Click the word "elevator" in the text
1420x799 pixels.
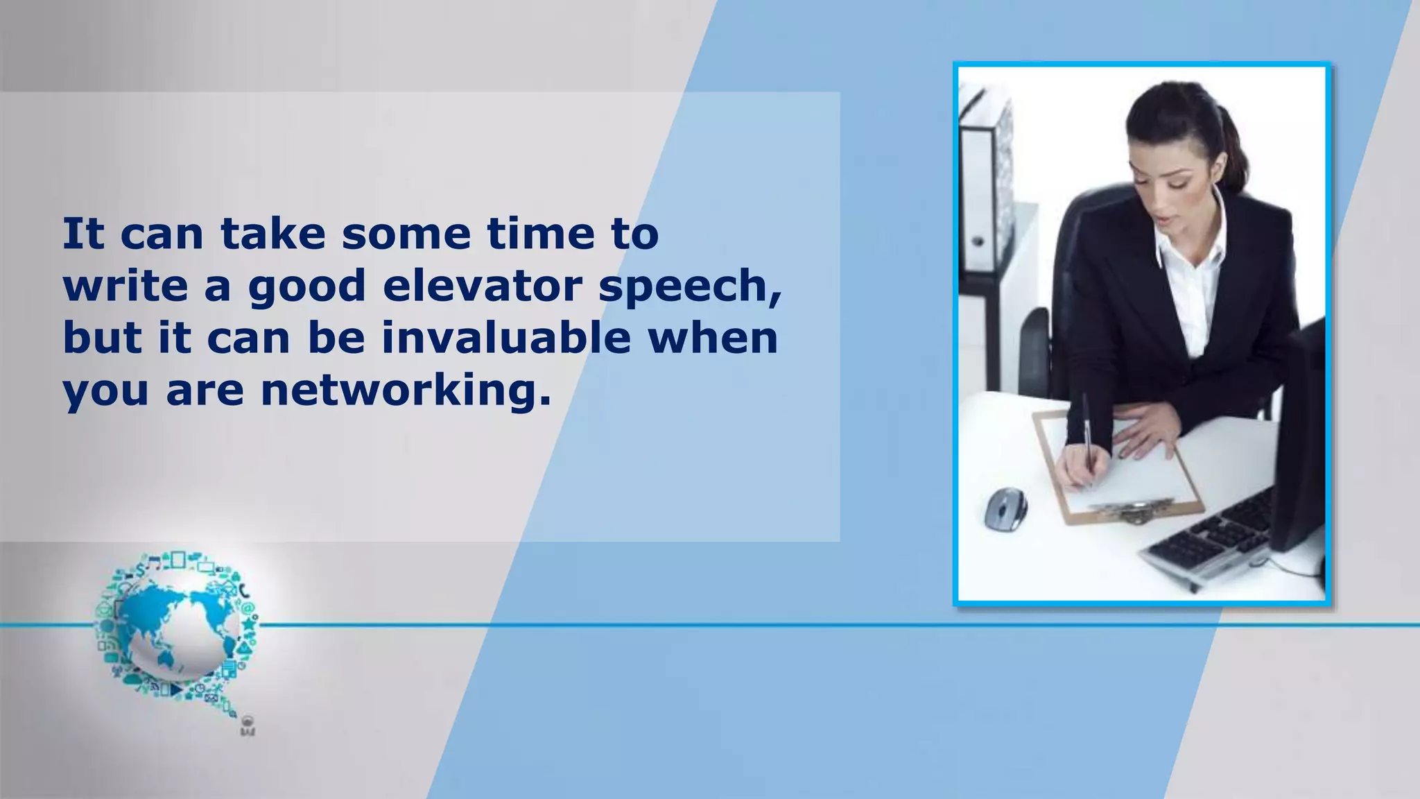[x=483, y=285]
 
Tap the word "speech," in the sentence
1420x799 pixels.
[x=690, y=286]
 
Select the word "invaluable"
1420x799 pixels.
[x=506, y=338]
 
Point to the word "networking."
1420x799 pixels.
[x=406, y=390]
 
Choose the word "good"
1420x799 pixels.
[x=306, y=286]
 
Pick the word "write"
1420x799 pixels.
[x=125, y=285]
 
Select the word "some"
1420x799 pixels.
[x=405, y=234]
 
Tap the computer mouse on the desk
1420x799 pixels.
[x=1005, y=508]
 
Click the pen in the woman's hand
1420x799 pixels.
[x=1087, y=430]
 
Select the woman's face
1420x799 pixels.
[x=1165, y=180]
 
